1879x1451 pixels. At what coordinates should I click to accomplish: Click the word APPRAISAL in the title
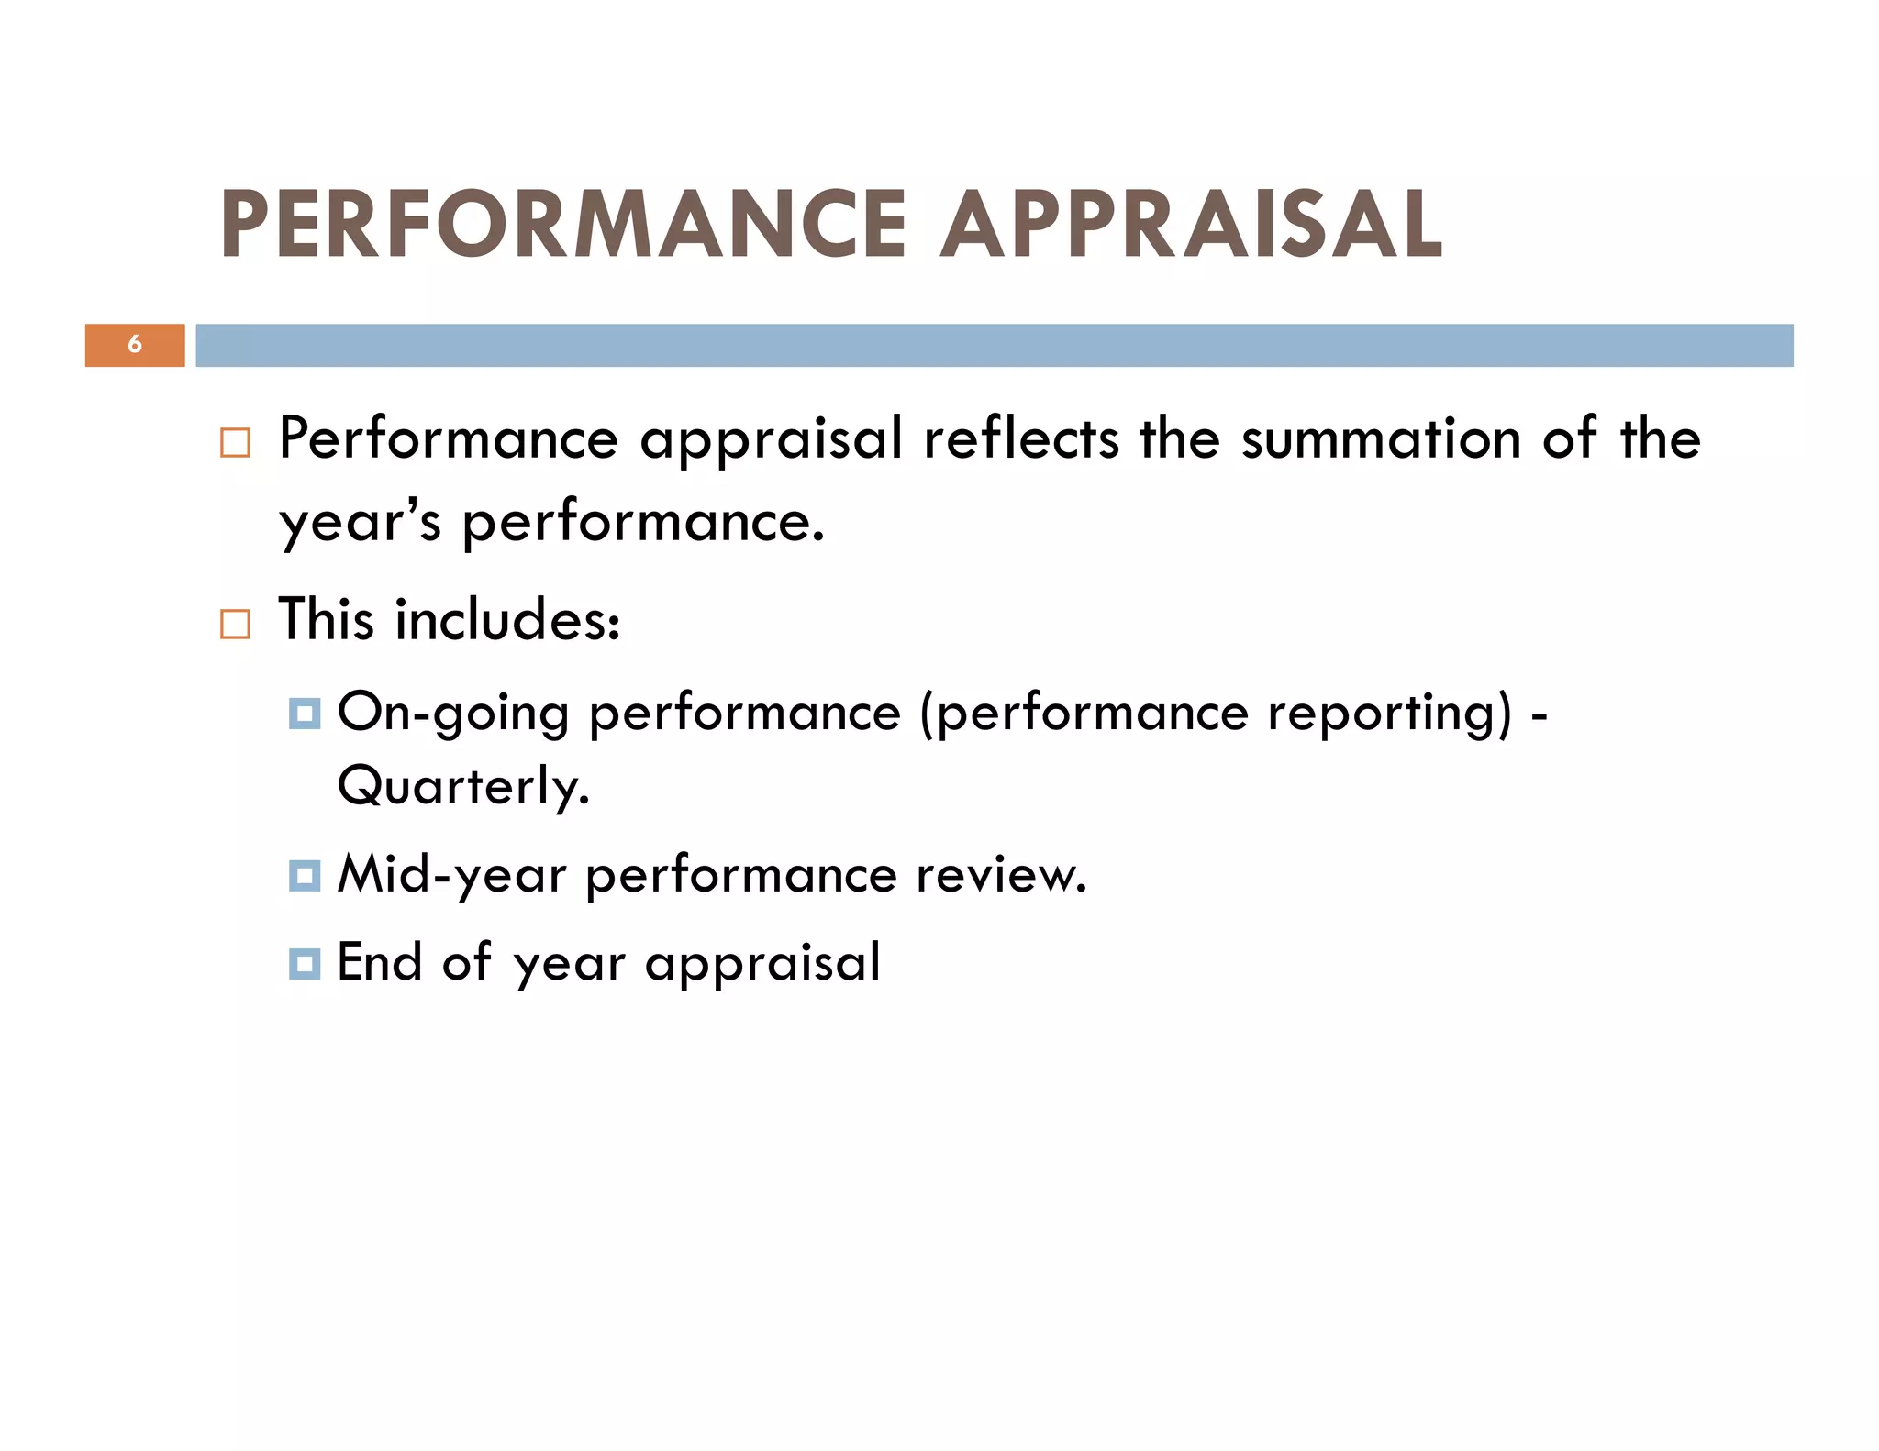click(x=1192, y=224)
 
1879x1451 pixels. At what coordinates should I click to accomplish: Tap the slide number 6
click(x=135, y=345)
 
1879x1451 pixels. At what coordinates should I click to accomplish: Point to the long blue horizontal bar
click(x=994, y=345)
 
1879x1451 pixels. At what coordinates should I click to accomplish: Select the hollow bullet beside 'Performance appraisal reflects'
click(x=235, y=443)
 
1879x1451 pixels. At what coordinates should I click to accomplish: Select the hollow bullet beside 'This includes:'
click(x=235, y=624)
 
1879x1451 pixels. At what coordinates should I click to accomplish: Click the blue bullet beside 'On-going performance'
click(x=304, y=713)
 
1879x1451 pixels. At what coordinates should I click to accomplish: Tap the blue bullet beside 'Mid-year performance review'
click(x=304, y=875)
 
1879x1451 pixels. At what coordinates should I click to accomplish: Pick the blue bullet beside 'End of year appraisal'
click(x=304, y=964)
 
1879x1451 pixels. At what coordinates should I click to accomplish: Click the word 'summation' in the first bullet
click(x=1381, y=438)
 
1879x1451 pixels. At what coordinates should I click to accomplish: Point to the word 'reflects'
click(x=1020, y=438)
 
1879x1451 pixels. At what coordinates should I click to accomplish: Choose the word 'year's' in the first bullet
click(x=360, y=523)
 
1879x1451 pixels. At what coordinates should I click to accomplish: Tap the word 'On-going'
click(x=453, y=714)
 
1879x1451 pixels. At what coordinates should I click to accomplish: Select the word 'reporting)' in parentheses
click(x=1389, y=714)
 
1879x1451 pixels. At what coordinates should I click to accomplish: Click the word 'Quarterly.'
click(x=463, y=787)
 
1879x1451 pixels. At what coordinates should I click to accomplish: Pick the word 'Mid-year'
click(x=451, y=875)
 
